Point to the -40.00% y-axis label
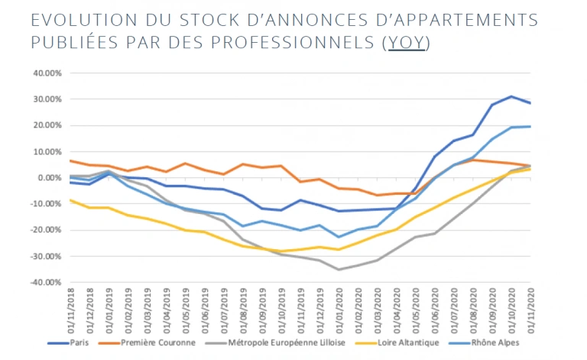(44, 282)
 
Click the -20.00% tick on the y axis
(44, 230)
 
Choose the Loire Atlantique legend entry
(408, 343)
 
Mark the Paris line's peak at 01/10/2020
(511, 96)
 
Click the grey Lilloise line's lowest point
(339, 269)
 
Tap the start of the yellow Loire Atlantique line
(70, 200)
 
